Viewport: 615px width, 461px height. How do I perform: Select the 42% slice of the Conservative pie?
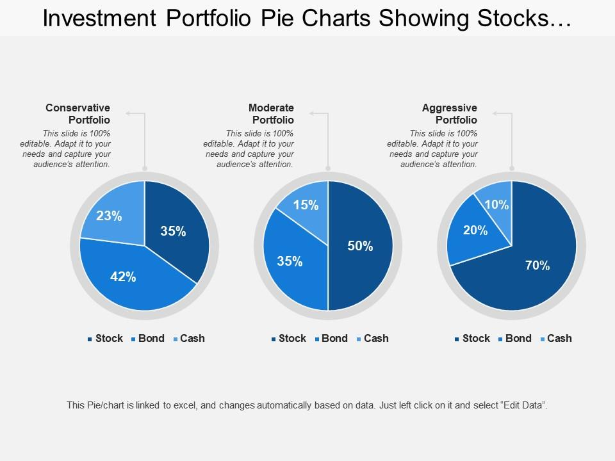click(125, 279)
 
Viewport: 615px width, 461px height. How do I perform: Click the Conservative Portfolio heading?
click(78, 113)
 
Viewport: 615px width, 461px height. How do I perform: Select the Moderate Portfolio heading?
click(271, 113)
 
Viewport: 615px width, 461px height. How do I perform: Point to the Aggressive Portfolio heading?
click(449, 113)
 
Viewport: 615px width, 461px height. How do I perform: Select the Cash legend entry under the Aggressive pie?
click(559, 338)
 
